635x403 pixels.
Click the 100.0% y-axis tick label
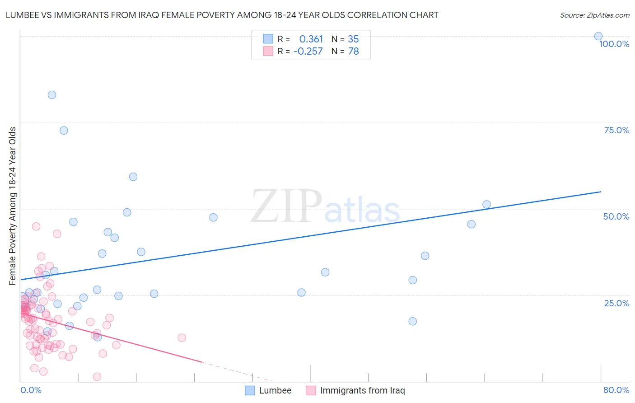pos(614,44)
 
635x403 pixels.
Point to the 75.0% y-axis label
pos(616,130)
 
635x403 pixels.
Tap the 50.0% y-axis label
pos(616,216)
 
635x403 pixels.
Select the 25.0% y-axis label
pos(616,303)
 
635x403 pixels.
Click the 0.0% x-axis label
pos(31,390)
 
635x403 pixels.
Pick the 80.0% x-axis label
pos(616,390)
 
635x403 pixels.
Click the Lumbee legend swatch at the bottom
pos(250,390)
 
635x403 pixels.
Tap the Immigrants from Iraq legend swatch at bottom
pos(311,390)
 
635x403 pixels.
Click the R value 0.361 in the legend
pos(311,39)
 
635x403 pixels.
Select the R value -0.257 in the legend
pos(308,52)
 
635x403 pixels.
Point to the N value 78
pos(353,52)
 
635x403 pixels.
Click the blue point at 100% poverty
pos(598,36)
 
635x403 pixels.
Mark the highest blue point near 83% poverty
pos(52,95)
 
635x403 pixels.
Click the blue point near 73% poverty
pos(64,131)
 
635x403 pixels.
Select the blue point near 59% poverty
pos(133,177)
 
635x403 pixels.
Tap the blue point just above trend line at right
pos(486,204)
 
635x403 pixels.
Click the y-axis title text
pos(13,206)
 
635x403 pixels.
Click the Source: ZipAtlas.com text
pos(594,15)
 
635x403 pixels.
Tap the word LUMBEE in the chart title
pos(22,15)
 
